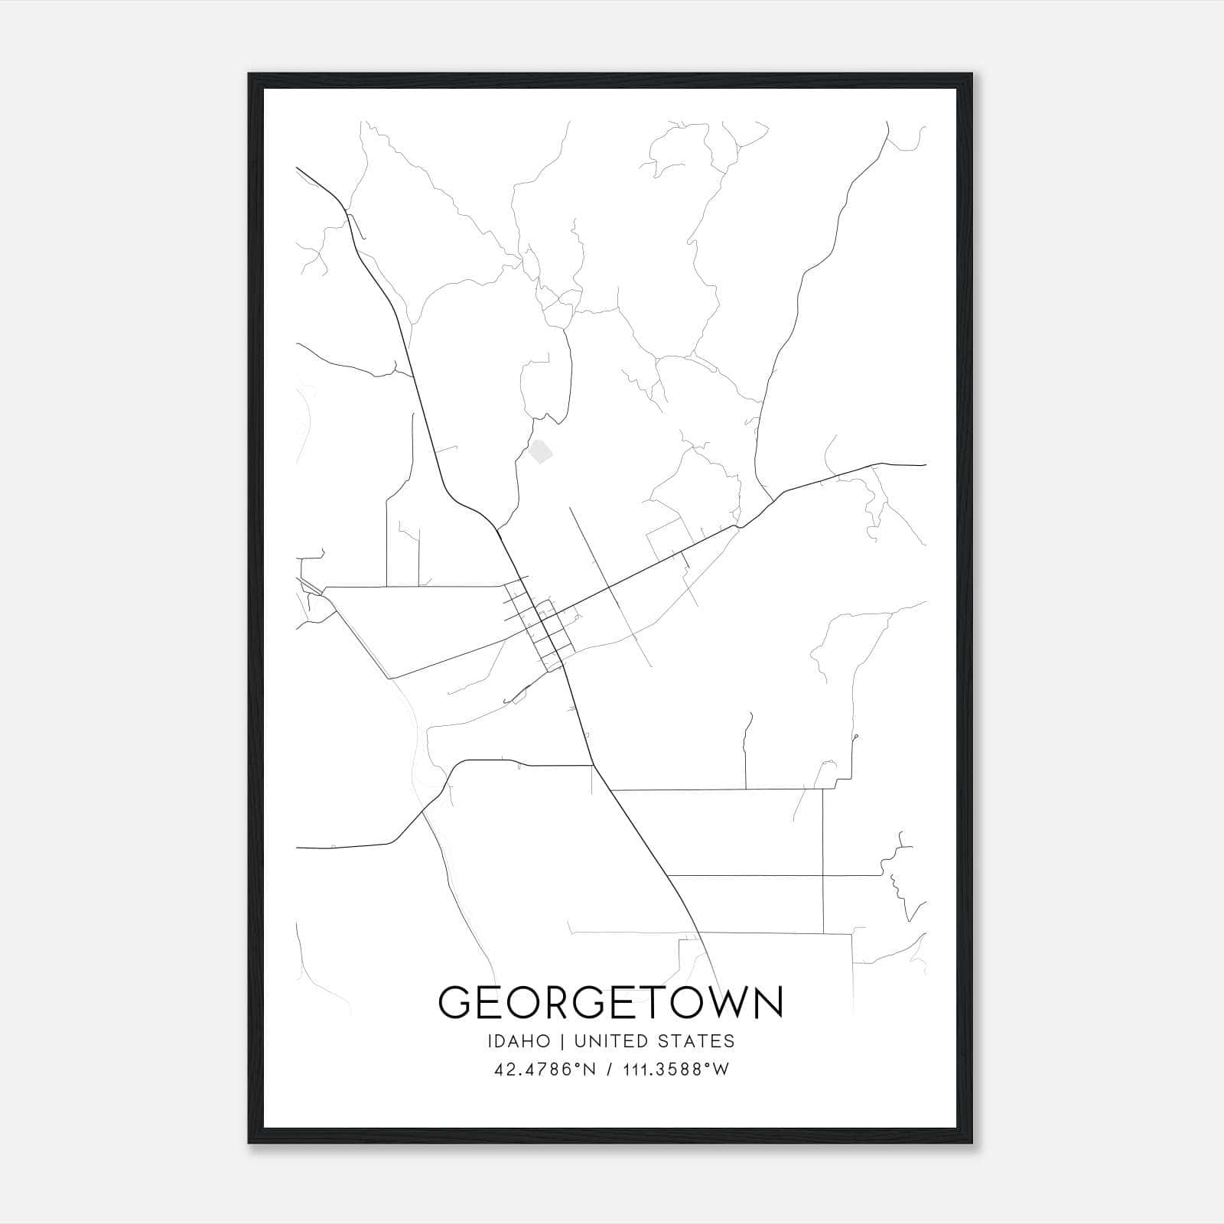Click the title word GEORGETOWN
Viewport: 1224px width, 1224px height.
pyautogui.click(x=610, y=1001)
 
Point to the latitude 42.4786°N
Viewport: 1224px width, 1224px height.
pyautogui.click(x=544, y=1069)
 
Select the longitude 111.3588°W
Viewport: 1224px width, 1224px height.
pyautogui.click(x=675, y=1069)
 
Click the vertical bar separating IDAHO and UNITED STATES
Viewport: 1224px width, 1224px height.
pyautogui.click(x=562, y=1041)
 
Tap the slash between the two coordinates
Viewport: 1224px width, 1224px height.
pyautogui.click(x=609, y=1069)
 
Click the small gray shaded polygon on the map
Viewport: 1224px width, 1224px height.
pyautogui.click(x=541, y=451)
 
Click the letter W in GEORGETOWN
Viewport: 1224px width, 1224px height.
pyautogui.click(x=727, y=1001)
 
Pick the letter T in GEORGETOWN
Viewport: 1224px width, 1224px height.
pyautogui.click(x=652, y=1001)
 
